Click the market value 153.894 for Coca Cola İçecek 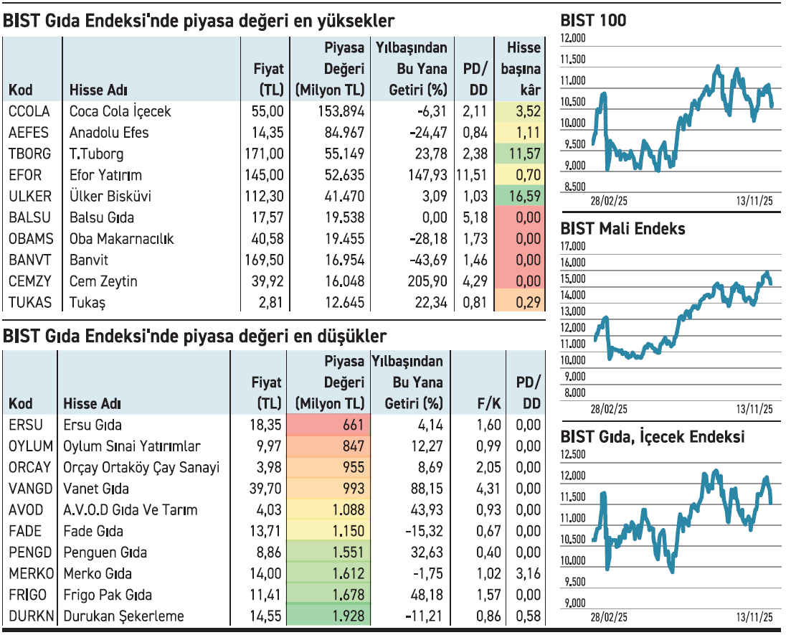tap(341, 111)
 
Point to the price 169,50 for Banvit tap(264, 260)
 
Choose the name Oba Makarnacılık tap(122, 238)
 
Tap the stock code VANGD tap(30, 489)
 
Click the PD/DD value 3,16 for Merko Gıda tap(528, 573)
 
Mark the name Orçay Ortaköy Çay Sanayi tap(141, 467)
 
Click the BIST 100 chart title tap(593, 21)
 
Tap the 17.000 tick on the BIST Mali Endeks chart tap(574, 247)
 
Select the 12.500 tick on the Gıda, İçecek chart tap(574, 454)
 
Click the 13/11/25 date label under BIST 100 tap(754, 202)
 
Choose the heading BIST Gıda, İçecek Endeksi tap(653, 436)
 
